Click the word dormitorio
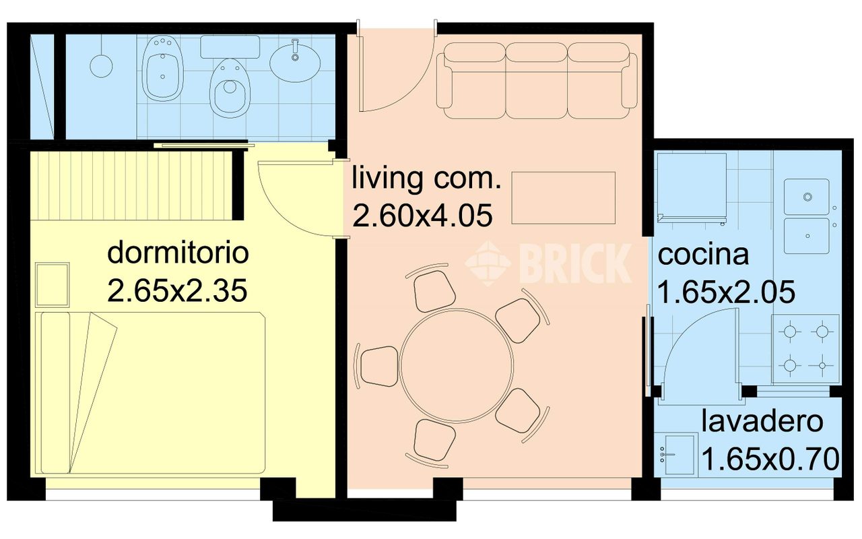[178, 253]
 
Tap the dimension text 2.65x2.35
[177, 291]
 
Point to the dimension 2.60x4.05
[422, 216]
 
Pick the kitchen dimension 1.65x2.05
[727, 292]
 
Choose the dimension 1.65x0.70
[770, 459]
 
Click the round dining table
[457, 366]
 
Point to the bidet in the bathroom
[162, 69]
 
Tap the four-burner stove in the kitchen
[805, 349]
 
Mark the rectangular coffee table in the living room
[564, 198]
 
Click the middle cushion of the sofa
[537, 80]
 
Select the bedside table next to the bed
[53, 284]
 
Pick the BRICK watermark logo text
[576, 263]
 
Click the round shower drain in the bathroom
[101, 66]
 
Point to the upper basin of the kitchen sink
[807, 197]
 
